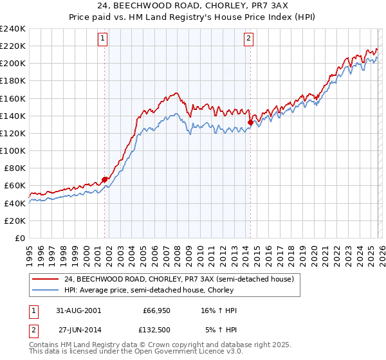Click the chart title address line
[193, 6]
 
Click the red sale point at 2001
[104, 179]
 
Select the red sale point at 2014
[250, 122]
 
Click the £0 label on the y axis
[19, 238]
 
